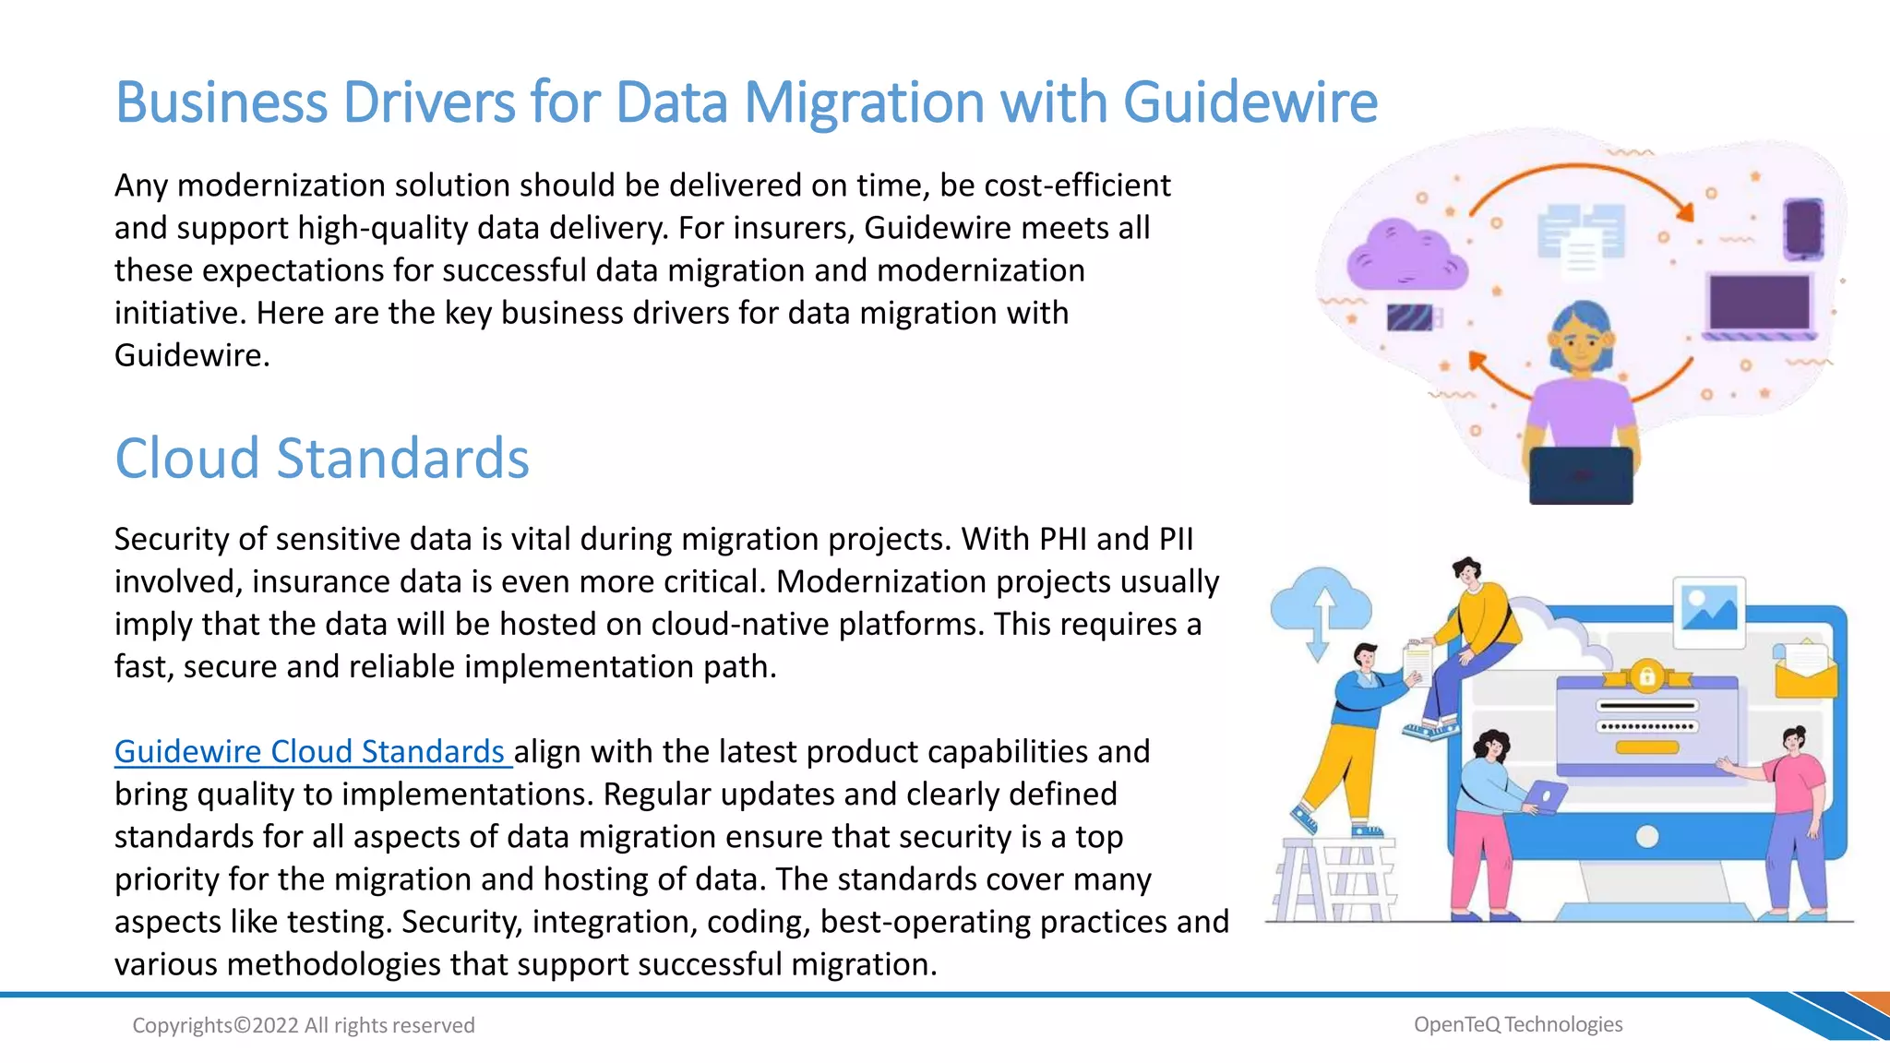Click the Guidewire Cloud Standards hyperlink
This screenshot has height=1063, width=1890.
[x=310, y=752]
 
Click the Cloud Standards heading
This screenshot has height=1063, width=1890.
[x=321, y=459]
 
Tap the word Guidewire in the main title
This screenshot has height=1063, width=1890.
[x=1250, y=102]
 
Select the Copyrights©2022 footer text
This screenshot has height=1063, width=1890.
[x=303, y=1025]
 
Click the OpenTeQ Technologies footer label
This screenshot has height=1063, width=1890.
[x=1517, y=1024]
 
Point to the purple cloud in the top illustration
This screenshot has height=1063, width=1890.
[x=1405, y=256]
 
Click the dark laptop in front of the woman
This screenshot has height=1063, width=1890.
[x=1580, y=475]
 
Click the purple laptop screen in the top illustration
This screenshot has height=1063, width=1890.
[x=1758, y=303]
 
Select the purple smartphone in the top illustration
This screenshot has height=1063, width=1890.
[x=1802, y=227]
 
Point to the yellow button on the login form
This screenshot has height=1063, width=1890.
[x=1646, y=747]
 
